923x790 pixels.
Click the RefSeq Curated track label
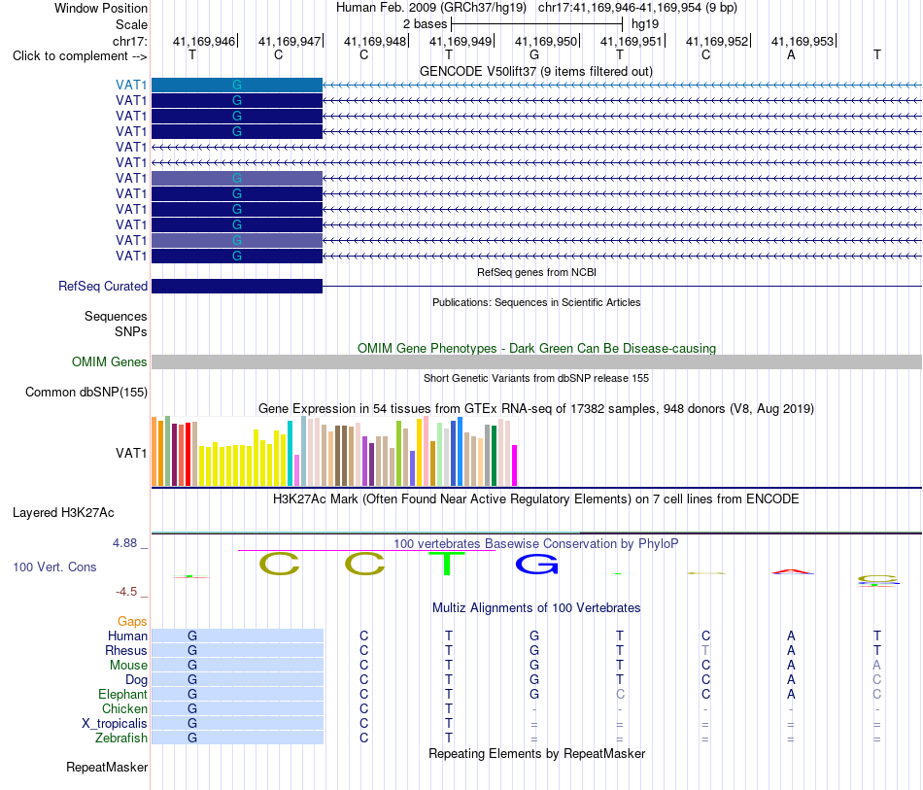[102, 286]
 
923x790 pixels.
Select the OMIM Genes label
[109, 362]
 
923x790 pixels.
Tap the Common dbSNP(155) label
[86, 392]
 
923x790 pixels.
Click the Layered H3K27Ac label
[63, 513]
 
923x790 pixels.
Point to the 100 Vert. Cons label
[54, 567]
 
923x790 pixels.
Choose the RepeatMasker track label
[107, 767]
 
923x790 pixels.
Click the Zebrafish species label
[121, 738]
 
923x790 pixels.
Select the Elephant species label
[122, 694]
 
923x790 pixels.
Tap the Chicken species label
[124, 708]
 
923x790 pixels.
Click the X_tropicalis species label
[115, 724]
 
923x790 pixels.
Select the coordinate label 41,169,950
[546, 41]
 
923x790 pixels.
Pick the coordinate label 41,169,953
[803, 41]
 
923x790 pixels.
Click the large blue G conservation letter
[537, 566]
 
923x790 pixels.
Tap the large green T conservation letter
[447, 564]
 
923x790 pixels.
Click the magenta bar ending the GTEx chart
[515, 465]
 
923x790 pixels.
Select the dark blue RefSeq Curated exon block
[237, 286]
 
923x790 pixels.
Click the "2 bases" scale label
[425, 24]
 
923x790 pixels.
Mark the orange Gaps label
[132, 621]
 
